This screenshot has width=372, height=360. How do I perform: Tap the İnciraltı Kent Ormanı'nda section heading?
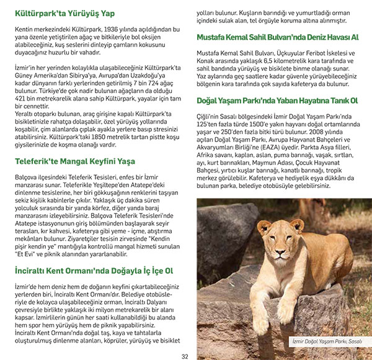point(93,271)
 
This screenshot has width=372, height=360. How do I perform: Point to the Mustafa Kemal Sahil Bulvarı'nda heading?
point(277,37)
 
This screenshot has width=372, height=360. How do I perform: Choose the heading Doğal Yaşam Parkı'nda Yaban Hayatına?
point(277,100)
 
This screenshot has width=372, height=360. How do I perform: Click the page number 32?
point(185,356)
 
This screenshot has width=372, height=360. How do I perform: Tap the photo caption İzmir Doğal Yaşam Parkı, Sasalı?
point(327,341)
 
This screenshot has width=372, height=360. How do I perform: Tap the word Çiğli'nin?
point(210,117)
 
